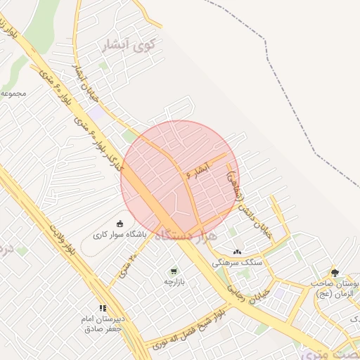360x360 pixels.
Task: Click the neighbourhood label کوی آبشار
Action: (128, 46)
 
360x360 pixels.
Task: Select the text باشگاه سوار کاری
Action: (120, 236)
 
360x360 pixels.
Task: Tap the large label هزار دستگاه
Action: (184, 233)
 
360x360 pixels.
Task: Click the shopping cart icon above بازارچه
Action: (173, 271)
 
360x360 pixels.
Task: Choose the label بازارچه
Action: (173, 282)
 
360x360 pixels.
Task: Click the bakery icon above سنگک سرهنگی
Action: (237, 251)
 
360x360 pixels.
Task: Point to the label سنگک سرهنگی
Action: (238, 262)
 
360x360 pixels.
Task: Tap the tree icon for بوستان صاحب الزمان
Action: (335, 271)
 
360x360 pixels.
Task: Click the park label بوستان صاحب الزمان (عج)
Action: (336, 288)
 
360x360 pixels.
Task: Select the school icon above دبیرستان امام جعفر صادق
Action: (103, 307)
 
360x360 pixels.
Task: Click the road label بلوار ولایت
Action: (62, 240)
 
